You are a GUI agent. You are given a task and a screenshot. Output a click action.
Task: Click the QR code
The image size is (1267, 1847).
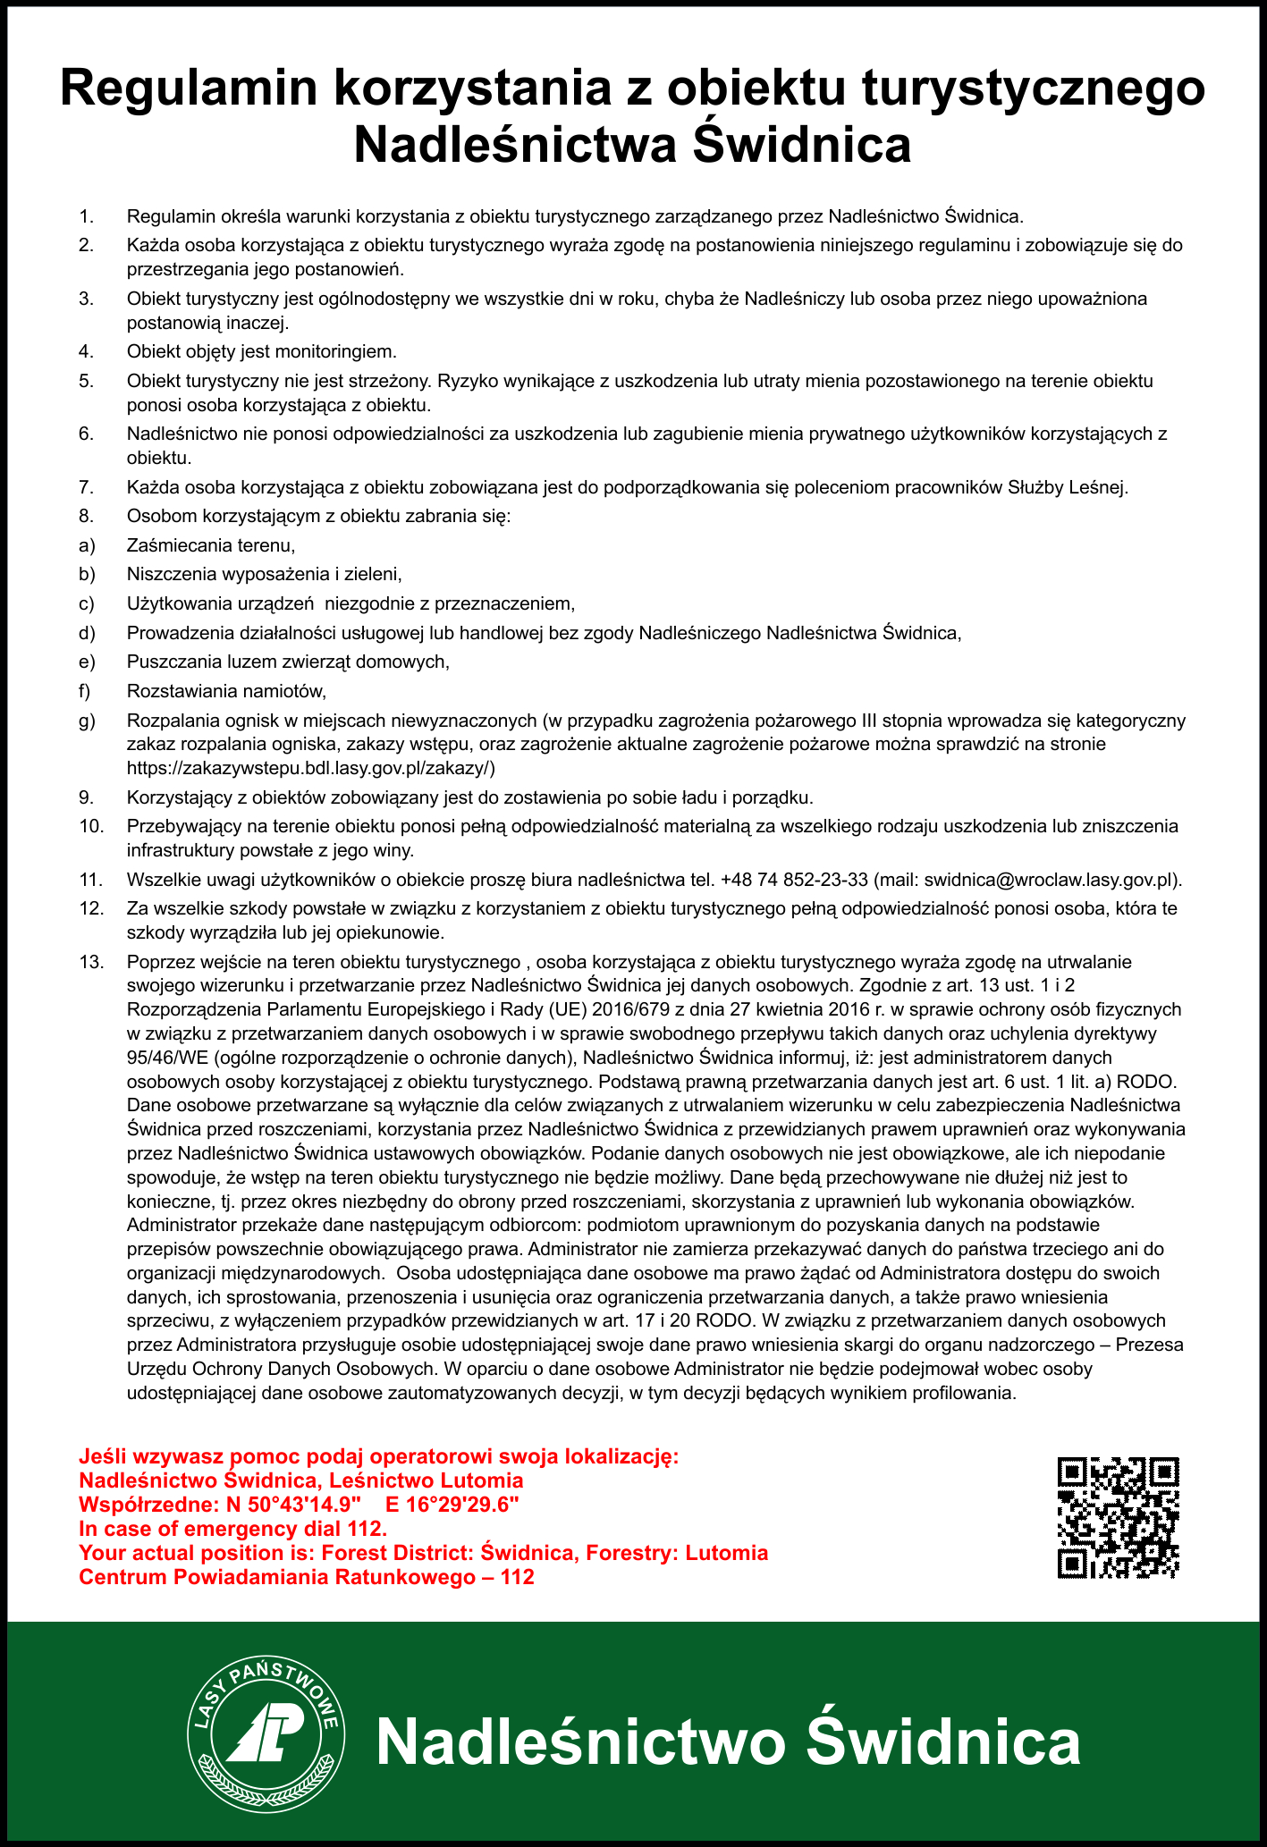pos(1118,1516)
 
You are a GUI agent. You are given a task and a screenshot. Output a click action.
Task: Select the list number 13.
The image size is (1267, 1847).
pos(91,963)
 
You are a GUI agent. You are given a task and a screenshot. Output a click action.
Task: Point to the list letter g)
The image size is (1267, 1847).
pos(86,721)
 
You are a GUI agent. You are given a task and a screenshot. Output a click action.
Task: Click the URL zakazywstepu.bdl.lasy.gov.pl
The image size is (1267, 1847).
pos(310,768)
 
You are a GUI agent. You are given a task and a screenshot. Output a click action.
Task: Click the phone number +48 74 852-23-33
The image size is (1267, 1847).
pos(794,880)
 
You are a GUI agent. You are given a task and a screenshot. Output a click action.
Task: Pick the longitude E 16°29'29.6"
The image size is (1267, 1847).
pos(452,1504)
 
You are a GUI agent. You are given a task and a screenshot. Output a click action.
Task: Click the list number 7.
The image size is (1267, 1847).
pos(86,488)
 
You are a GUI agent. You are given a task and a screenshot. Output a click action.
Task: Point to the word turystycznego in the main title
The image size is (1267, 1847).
pos(1027,89)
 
